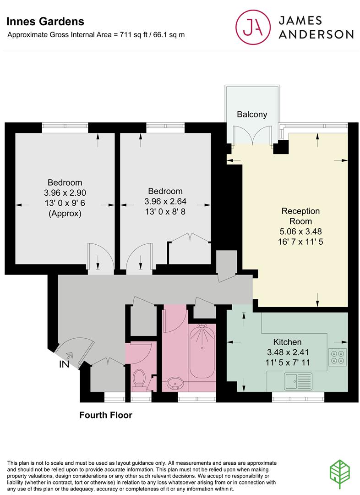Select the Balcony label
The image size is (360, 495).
point(251,115)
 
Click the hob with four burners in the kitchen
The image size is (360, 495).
point(338,357)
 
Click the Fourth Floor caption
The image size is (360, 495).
point(106,415)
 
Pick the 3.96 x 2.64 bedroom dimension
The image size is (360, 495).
point(165,201)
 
